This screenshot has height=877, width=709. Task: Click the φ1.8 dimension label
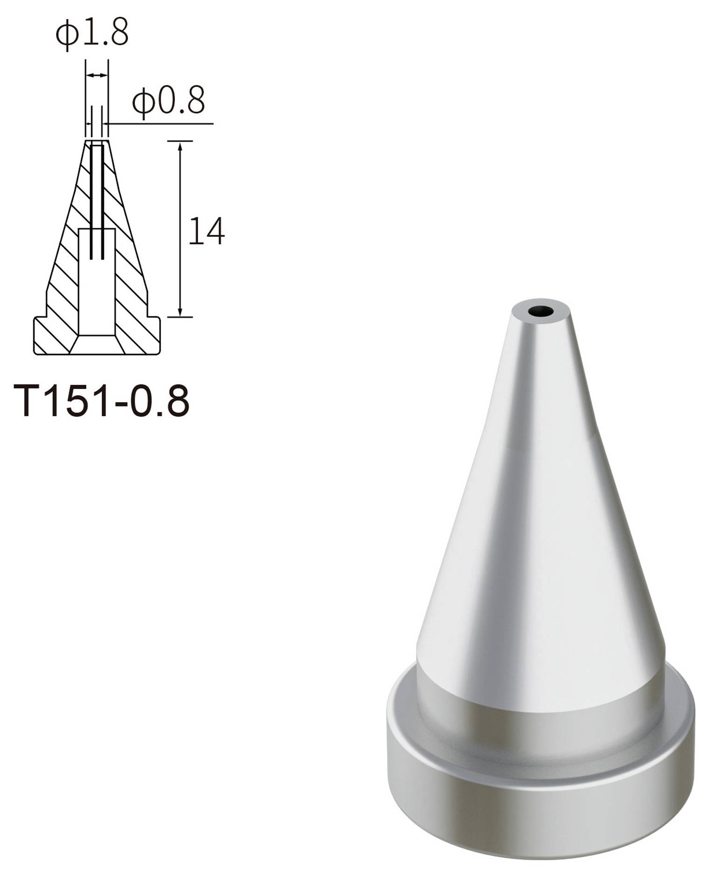tap(92, 34)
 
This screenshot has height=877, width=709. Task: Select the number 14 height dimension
tap(206, 231)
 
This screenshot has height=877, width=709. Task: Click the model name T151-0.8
tap(102, 401)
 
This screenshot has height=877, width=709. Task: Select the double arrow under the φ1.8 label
tap(97, 75)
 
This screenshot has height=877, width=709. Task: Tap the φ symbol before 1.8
tap(65, 35)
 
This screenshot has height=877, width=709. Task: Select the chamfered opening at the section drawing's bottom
tap(97, 344)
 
